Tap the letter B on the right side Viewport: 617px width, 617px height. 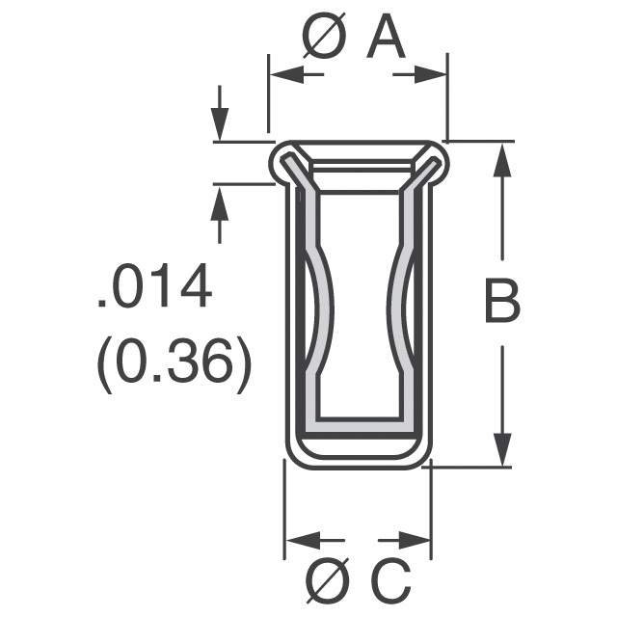[501, 304]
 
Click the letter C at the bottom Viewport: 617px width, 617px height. [390, 581]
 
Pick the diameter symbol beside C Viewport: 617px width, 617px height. [328, 581]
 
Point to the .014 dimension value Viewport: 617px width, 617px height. [154, 290]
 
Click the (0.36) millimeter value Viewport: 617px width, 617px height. [174, 364]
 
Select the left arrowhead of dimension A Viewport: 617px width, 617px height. [282, 73]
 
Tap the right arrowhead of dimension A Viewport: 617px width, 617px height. [433, 73]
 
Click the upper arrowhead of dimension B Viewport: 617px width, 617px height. [501, 160]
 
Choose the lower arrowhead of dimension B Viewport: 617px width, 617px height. [501, 448]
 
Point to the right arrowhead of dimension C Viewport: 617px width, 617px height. [416, 540]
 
